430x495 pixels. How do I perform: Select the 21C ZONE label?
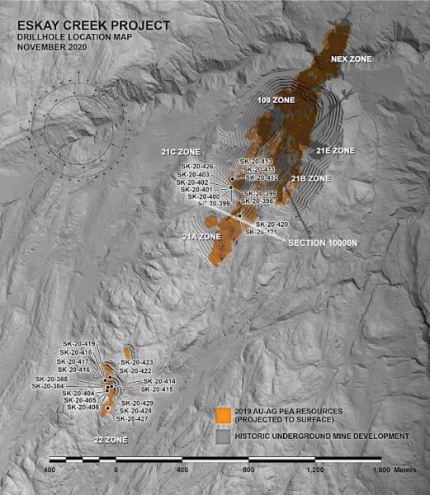point(182,152)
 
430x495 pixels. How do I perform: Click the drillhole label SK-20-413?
point(256,161)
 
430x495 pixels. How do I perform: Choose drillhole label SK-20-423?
point(137,362)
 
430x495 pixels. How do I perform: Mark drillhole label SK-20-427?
point(131,419)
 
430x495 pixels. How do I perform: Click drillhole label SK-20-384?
point(47,386)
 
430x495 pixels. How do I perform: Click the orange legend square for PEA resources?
point(222,414)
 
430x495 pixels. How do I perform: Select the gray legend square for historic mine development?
point(222,436)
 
